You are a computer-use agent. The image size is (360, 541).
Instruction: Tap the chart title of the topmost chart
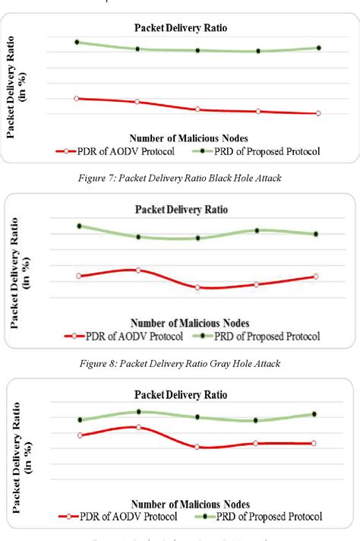pyautogui.click(x=180, y=27)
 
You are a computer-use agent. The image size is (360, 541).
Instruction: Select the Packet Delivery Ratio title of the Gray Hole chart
pyautogui.click(x=181, y=209)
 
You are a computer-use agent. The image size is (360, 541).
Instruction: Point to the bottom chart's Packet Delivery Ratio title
pyautogui.click(x=181, y=395)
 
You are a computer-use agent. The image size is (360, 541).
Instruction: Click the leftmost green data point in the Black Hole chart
pyautogui.click(x=77, y=42)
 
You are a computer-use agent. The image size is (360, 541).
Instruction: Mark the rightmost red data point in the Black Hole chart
pyautogui.click(x=317, y=113)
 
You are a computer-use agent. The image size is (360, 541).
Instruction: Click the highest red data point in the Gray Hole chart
pyautogui.click(x=138, y=270)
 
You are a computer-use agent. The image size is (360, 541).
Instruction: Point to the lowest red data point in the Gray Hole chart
pyautogui.click(x=197, y=287)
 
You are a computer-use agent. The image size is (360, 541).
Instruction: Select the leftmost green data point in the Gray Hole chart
pyautogui.click(x=79, y=226)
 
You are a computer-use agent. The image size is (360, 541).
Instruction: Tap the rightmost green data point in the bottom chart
pyautogui.click(x=314, y=414)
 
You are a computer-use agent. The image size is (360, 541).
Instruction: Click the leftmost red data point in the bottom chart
pyautogui.click(x=80, y=435)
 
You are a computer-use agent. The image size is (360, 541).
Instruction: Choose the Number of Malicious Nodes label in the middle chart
pyautogui.click(x=189, y=323)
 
